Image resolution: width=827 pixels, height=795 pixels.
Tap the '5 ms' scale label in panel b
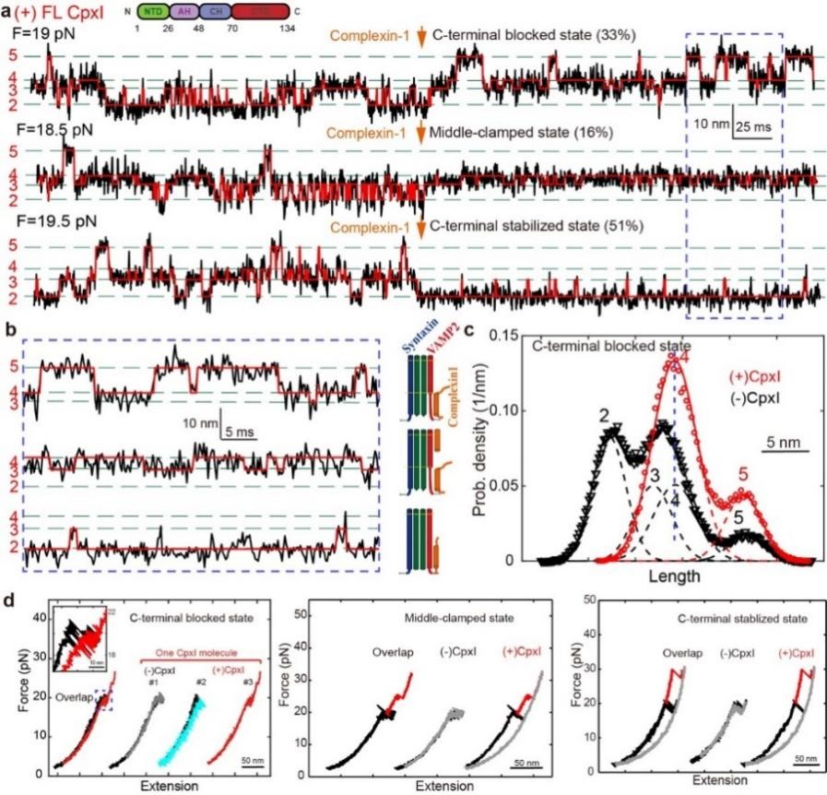(244, 431)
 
